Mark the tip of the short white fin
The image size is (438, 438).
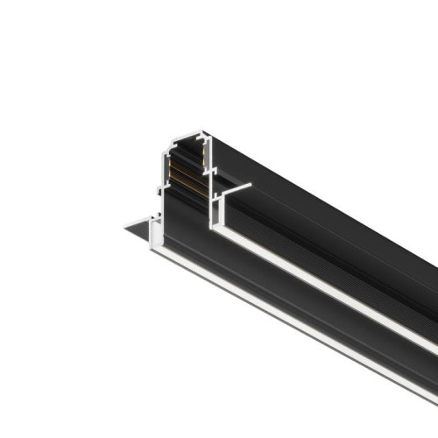click(x=252, y=184)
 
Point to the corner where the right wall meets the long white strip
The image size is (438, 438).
click(x=215, y=229)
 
